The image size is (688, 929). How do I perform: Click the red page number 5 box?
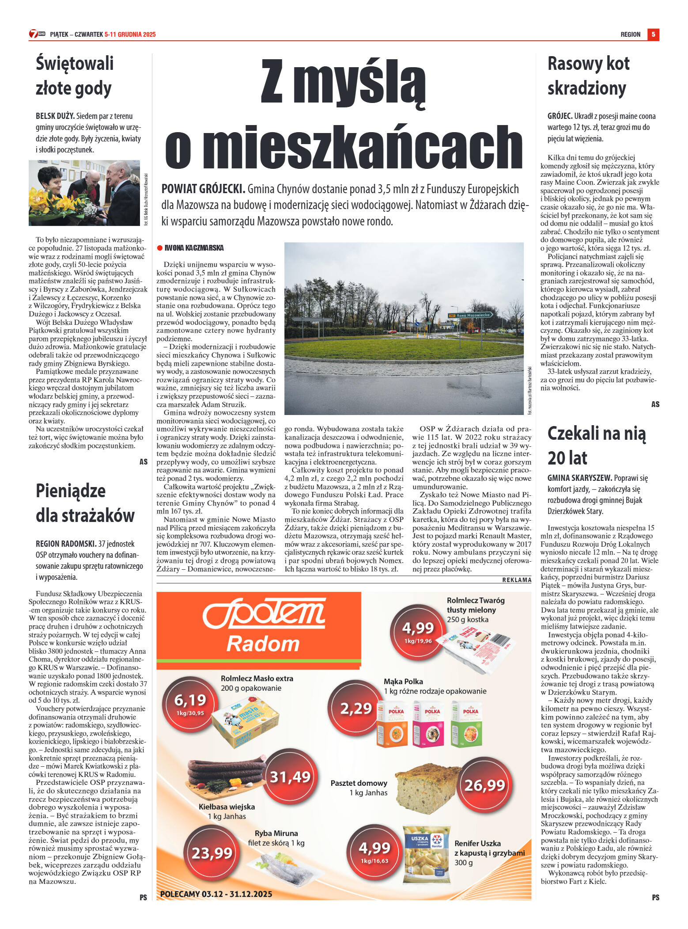click(653, 34)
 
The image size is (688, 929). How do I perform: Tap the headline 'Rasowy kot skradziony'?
click(588, 76)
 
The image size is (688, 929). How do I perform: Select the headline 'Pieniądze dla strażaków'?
click(85, 503)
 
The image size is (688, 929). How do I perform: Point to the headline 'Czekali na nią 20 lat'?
click(596, 445)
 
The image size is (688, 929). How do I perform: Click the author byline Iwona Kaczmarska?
click(193, 248)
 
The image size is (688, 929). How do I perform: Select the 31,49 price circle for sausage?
click(290, 777)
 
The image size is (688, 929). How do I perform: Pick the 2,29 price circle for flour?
click(356, 709)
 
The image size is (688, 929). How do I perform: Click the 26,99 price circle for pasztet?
click(484, 785)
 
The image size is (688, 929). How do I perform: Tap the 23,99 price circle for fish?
click(212, 853)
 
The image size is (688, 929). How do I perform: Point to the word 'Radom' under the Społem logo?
click(263, 644)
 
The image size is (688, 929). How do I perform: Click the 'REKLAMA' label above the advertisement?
click(516, 580)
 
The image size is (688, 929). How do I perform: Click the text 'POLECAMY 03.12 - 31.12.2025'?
click(216, 894)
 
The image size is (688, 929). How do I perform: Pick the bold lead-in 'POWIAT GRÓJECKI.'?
click(203, 189)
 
